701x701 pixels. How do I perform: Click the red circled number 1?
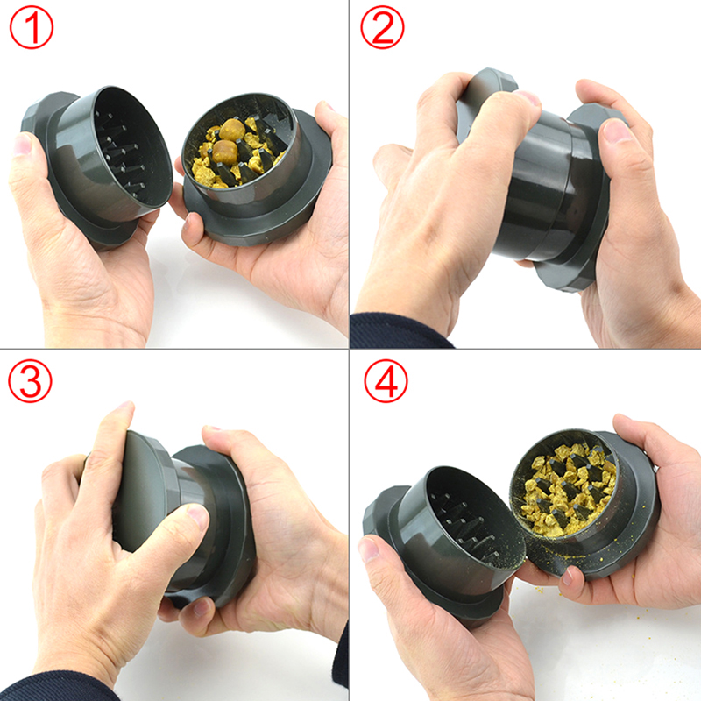(32, 27)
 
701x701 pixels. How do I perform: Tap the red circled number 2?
(382, 27)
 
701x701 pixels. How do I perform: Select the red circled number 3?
(30, 381)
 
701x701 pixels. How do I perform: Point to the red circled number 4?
(386, 381)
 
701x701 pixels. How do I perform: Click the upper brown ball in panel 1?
(232, 129)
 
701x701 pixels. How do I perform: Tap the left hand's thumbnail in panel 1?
(21, 144)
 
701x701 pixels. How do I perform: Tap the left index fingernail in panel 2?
(528, 97)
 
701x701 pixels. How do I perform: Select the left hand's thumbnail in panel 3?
(198, 516)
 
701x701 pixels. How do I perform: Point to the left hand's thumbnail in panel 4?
(369, 549)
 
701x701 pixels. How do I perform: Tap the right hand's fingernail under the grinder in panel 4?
(567, 576)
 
